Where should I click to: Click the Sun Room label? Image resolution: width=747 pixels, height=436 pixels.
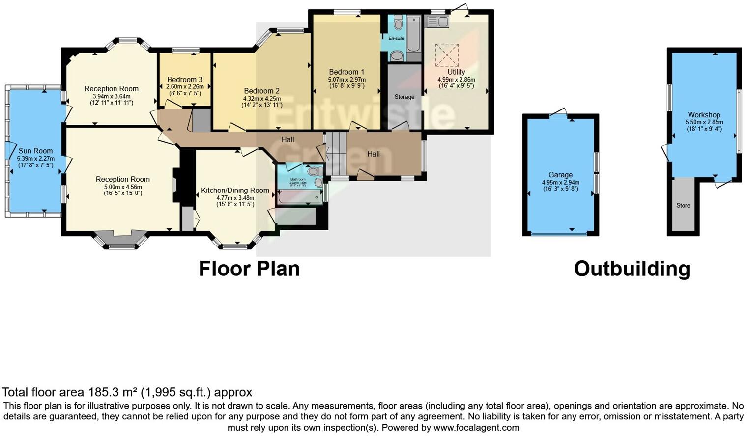coord(35,151)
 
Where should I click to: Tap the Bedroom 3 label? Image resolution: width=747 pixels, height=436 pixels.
coord(185,80)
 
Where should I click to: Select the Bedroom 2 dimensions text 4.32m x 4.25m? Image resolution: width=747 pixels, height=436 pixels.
coord(261,99)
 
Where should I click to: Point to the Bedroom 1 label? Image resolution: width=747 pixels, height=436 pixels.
coord(346,72)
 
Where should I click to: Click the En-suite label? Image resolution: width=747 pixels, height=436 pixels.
coord(396,38)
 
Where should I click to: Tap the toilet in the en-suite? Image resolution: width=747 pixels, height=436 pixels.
coord(398,23)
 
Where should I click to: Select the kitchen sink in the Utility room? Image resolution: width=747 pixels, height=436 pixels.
coord(436,22)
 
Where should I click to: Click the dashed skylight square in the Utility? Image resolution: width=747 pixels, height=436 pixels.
coord(447,55)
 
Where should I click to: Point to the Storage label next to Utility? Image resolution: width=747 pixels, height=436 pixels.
coord(404,97)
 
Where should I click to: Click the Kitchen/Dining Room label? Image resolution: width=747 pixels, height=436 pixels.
coord(235,191)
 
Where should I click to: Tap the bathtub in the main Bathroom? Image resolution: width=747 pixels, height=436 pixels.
coord(299,197)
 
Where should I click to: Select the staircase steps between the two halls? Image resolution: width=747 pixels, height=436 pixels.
coord(336,154)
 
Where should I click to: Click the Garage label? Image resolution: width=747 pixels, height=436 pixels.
coord(560,175)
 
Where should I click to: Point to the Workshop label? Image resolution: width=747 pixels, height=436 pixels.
coord(704,115)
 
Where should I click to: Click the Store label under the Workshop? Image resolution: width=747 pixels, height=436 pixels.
coord(683,206)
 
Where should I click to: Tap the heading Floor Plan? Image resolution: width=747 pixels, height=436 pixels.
coord(249,269)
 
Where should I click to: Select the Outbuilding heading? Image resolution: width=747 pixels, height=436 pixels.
coord(632,269)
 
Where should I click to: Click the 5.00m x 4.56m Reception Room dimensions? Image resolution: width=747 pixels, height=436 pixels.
coord(122,187)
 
